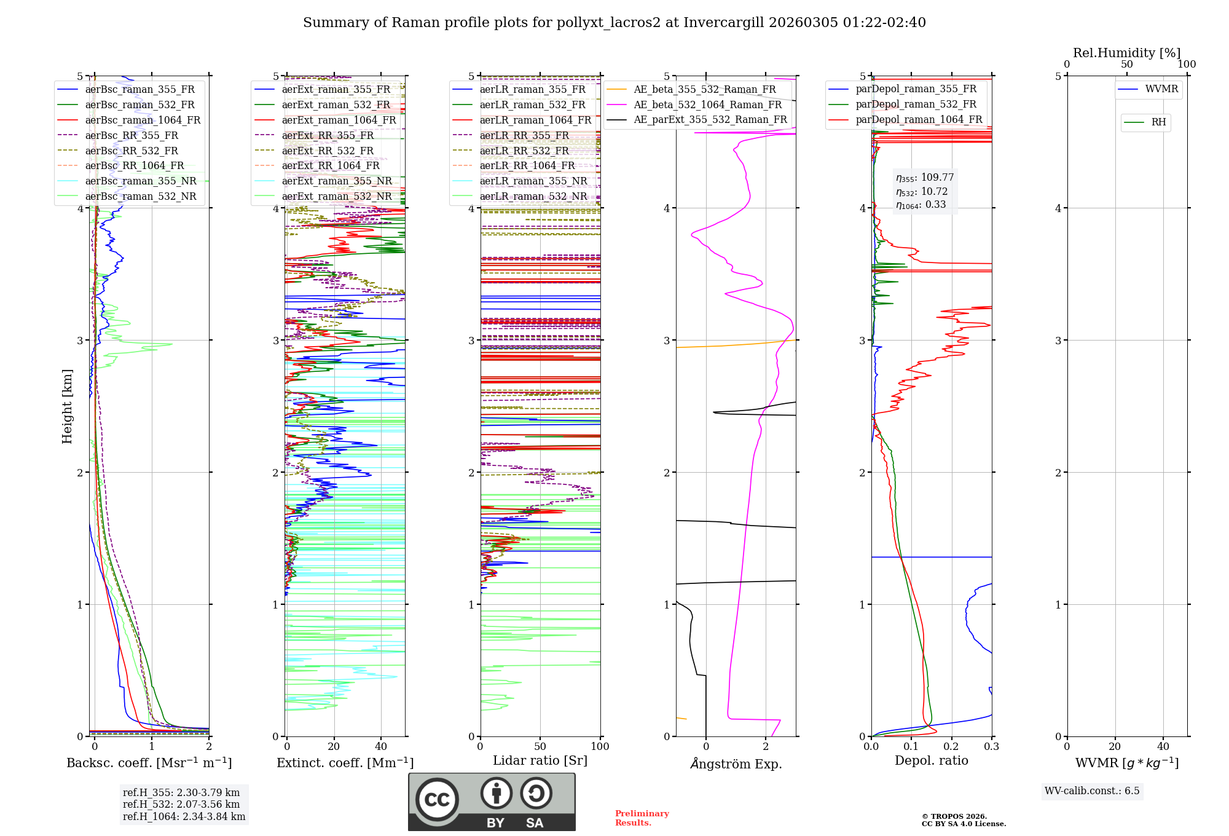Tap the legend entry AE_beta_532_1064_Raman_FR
pyautogui.click(x=707, y=104)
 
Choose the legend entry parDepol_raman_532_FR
pyautogui.click(x=916, y=104)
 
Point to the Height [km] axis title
pyautogui.click(x=67, y=406)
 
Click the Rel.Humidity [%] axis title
pyautogui.click(x=1126, y=53)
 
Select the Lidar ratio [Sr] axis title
pyautogui.click(x=540, y=761)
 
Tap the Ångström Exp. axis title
pyautogui.click(x=736, y=764)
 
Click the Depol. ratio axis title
pyautogui.click(x=931, y=761)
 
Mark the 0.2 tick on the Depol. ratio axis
pyautogui.click(x=951, y=746)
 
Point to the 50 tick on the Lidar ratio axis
pyautogui.click(x=540, y=746)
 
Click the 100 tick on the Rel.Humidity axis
pyautogui.click(x=1187, y=64)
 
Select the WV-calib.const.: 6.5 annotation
pyautogui.click(x=1092, y=791)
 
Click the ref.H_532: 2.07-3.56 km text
pyautogui.click(x=181, y=805)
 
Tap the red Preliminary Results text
pyautogui.click(x=642, y=818)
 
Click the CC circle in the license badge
pyautogui.click(x=437, y=799)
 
